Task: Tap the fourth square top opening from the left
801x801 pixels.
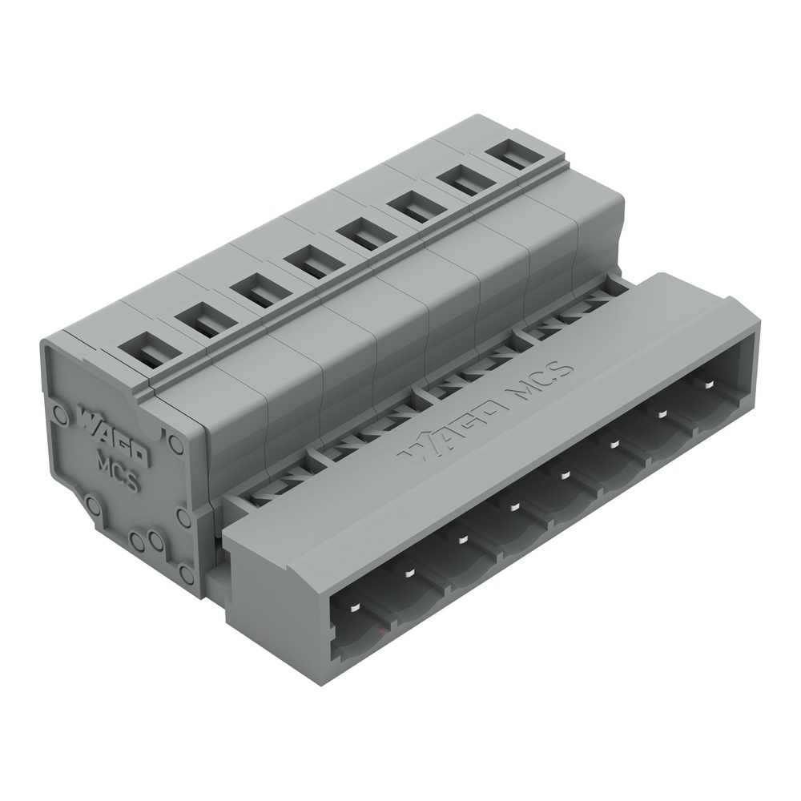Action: click(x=309, y=264)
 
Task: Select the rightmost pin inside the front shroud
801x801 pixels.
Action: click(x=708, y=384)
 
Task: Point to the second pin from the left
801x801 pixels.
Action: click(x=409, y=574)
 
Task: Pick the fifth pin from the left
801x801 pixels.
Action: click(x=564, y=476)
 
